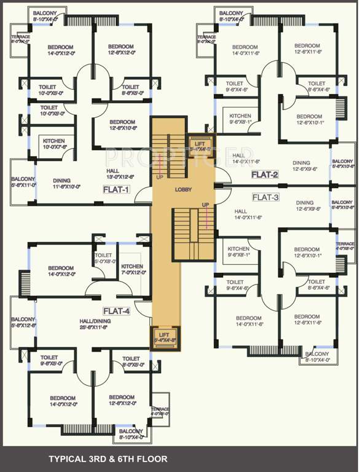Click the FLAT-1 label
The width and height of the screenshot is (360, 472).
coord(115,190)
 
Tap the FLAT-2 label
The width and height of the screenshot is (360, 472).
coord(265,175)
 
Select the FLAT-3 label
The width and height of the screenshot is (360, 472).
coord(265,197)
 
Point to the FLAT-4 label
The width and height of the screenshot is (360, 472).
coord(116,311)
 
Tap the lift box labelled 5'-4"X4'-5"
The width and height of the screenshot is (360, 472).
coord(199,146)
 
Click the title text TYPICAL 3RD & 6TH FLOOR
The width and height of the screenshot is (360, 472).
coord(108,458)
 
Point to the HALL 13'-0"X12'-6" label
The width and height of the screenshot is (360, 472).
coord(120,174)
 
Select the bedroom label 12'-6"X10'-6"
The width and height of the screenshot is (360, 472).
coord(121,125)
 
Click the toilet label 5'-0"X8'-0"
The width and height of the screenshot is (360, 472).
coord(103,258)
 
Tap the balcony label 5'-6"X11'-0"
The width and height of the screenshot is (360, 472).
coord(22,181)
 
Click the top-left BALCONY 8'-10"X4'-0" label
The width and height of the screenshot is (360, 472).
coord(45,16)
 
